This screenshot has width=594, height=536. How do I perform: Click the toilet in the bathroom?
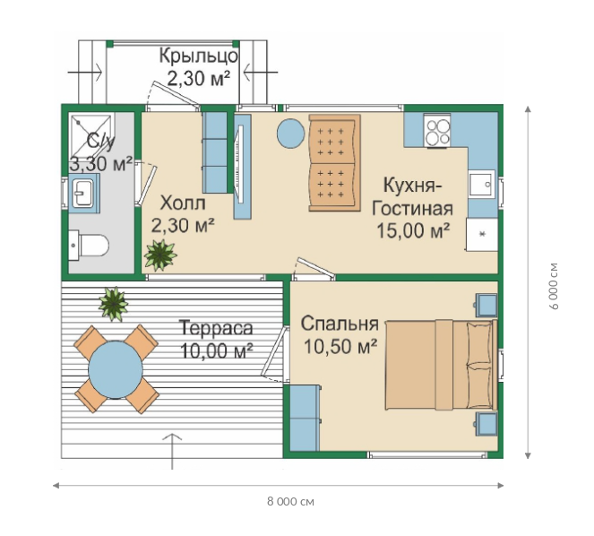(x=89, y=246)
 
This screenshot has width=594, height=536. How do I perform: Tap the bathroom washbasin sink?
(x=83, y=194)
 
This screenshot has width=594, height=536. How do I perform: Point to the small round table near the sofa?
(x=290, y=134)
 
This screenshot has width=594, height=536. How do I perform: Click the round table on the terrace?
(x=116, y=369)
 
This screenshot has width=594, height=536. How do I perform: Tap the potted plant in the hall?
(x=160, y=255)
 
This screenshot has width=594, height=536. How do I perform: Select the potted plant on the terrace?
(x=113, y=303)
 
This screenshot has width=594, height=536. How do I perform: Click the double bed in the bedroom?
(x=441, y=365)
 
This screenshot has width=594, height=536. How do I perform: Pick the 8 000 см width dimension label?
(x=290, y=502)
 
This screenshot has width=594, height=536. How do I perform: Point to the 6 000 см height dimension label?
(x=554, y=286)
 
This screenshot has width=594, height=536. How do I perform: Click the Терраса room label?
(x=216, y=328)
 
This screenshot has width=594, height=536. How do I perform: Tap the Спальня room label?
(x=340, y=324)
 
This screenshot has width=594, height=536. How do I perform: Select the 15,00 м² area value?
(x=413, y=230)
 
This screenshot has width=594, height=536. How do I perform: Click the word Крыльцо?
(x=198, y=56)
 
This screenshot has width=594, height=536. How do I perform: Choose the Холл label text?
(x=183, y=203)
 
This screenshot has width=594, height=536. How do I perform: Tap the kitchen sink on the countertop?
(x=482, y=184)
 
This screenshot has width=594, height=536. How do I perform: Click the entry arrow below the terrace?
(x=172, y=451)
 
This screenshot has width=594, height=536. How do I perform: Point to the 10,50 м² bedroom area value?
(x=340, y=346)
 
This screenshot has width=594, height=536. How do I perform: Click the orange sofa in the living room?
(x=334, y=163)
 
